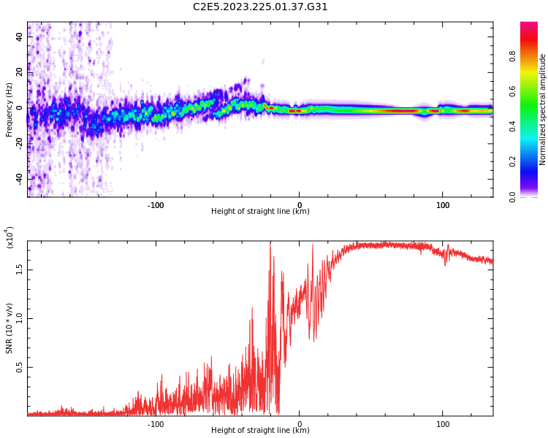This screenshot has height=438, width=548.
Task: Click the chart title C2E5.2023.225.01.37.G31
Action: [260, 7]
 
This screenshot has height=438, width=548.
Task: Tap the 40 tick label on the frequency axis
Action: [20, 37]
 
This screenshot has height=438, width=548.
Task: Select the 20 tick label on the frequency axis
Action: [20, 72]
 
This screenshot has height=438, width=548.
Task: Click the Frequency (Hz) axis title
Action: [9, 109]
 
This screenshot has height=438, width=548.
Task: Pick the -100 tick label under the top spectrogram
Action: [156, 205]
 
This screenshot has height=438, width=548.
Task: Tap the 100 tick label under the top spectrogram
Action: [443, 205]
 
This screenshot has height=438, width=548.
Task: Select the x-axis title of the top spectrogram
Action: [260, 212]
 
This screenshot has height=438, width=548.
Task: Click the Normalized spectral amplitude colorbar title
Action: [543, 109]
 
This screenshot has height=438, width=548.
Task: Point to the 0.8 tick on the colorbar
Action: [533, 56]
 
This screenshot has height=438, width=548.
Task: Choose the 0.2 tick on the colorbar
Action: [533, 161]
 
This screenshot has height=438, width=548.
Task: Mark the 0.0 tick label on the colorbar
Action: [533, 196]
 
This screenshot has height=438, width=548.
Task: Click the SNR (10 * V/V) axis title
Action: [9, 326]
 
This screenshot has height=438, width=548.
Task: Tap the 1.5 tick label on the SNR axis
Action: [20, 269]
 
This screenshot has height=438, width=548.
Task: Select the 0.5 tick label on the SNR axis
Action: [20, 367]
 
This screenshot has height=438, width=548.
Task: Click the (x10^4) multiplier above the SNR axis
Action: [9, 237]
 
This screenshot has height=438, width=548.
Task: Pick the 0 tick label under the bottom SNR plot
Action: [300, 424]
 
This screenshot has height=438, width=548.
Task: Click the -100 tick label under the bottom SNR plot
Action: [156, 424]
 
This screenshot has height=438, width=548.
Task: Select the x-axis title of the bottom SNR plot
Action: [260, 431]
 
